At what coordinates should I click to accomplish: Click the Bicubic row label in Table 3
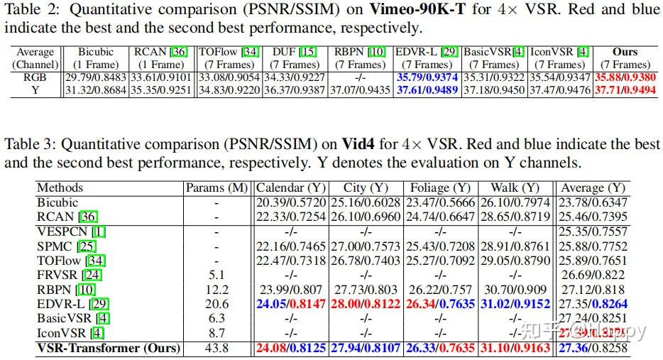point(57,202)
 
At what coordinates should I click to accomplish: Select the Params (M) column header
point(217,188)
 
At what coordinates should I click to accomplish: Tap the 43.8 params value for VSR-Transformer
point(217,349)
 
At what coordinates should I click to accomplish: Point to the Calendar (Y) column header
point(289,188)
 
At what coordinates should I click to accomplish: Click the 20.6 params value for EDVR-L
point(217,304)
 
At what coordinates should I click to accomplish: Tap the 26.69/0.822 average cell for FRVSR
point(592,276)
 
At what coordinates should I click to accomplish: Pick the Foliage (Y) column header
point(441,188)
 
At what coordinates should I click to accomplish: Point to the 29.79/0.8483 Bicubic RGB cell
point(97,77)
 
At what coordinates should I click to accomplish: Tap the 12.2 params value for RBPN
point(217,290)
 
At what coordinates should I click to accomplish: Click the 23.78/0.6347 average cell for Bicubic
point(592,202)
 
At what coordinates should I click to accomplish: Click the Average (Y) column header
point(592,188)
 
